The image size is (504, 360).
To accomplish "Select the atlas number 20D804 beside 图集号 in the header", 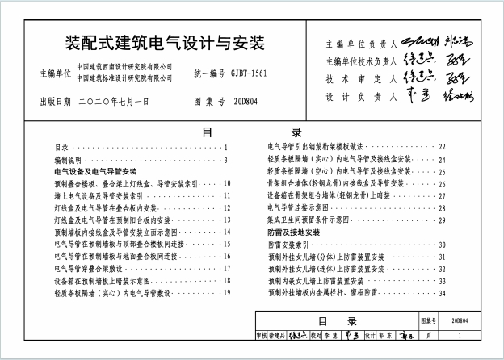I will [250, 103].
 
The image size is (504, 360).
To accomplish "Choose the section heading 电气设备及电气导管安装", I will [95, 172].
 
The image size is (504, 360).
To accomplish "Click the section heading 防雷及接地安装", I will [296, 232].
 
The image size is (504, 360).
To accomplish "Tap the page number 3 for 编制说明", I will [227, 160].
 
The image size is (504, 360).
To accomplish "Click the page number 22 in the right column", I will [442, 147].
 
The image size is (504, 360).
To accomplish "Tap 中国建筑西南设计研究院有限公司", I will [124, 66].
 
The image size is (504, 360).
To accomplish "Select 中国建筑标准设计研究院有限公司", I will [124, 78].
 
